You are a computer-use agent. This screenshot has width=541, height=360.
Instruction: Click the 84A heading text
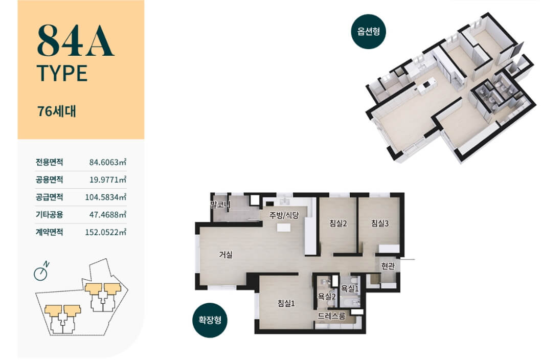pyautogui.click(x=75, y=40)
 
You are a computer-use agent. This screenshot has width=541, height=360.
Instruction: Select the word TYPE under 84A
pyautogui.click(x=62, y=73)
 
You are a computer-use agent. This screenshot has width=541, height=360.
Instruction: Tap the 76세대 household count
pyautogui.click(x=57, y=111)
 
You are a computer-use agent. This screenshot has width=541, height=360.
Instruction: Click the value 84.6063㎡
pyautogui.click(x=108, y=162)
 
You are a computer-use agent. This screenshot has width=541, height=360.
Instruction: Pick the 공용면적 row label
pyautogui.click(x=49, y=179)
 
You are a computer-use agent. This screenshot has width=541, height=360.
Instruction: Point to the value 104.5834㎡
pyautogui.click(x=105, y=197)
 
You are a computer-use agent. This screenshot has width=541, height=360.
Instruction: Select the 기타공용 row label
pyautogui.click(x=49, y=215)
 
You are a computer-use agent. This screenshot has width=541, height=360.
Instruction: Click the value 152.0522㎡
pyautogui.click(x=105, y=232)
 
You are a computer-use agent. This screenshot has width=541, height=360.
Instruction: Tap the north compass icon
pyautogui.click(x=41, y=272)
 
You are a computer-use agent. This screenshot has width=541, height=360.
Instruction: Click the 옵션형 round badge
pyautogui.click(x=369, y=31)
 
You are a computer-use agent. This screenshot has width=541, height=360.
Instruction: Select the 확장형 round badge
pyautogui.click(x=210, y=320)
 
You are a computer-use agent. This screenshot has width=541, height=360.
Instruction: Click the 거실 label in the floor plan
pyautogui.click(x=226, y=255)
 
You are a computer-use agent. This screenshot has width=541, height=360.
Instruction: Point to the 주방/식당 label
pyautogui.click(x=284, y=215)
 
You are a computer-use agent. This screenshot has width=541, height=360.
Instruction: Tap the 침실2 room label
pyautogui.click(x=338, y=223)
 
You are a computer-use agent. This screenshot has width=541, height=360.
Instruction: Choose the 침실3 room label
pyautogui.click(x=380, y=223)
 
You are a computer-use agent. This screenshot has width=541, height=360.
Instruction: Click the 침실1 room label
pyautogui.click(x=286, y=303)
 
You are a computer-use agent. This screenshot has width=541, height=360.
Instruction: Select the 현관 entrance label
pyautogui.click(x=388, y=266)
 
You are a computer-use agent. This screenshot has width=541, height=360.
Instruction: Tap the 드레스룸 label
pyautogui.click(x=331, y=316)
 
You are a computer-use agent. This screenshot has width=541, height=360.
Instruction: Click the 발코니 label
pyautogui.click(x=220, y=205)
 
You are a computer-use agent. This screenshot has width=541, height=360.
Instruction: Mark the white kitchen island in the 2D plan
pyautogui.click(x=284, y=228)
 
